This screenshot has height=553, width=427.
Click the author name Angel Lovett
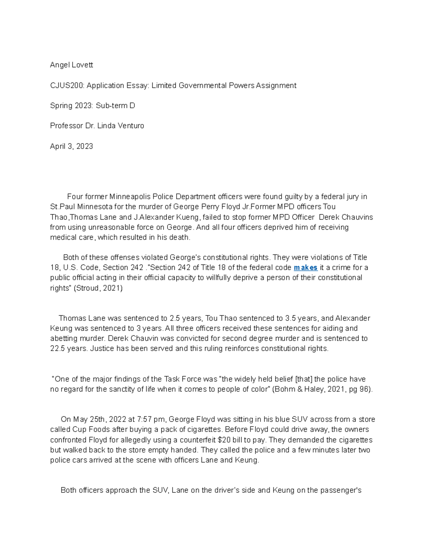(x=71, y=65)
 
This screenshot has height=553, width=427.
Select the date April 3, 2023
(x=71, y=146)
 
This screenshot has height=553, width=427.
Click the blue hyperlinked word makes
(x=305, y=267)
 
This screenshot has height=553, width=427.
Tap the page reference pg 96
(x=359, y=389)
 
